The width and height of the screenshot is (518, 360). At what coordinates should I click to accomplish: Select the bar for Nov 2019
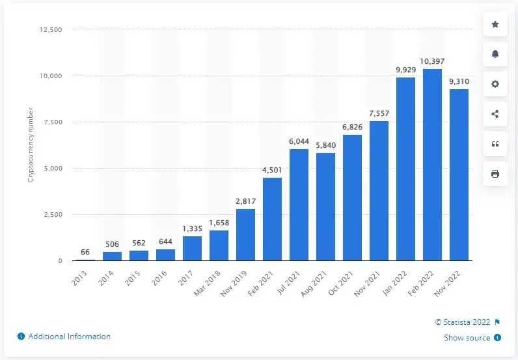click(246, 234)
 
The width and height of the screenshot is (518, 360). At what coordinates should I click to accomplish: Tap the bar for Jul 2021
click(299, 205)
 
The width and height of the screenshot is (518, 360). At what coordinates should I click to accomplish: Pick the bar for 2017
click(193, 248)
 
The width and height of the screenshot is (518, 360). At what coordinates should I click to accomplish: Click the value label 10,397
click(433, 61)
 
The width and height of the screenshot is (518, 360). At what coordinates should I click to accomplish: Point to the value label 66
click(86, 251)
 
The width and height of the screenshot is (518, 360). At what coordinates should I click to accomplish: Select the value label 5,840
click(326, 145)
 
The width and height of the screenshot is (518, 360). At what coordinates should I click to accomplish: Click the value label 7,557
click(379, 113)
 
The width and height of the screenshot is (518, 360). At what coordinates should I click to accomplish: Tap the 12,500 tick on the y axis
click(49, 30)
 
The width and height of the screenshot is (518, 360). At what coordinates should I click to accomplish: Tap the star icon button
click(495, 24)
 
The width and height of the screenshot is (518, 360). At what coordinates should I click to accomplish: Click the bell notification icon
click(495, 54)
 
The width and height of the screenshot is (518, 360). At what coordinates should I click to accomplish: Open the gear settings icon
click(495, 84)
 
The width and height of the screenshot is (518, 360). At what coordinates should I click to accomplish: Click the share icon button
click(495, 114)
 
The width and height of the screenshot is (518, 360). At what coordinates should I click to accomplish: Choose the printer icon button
click(495, 173)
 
